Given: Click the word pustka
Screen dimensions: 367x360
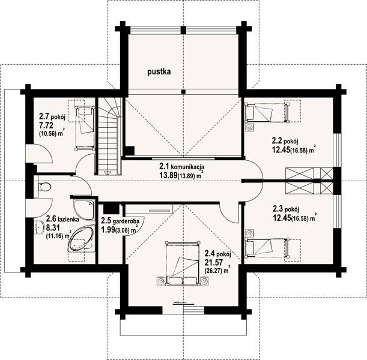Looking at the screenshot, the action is tap(159, 72).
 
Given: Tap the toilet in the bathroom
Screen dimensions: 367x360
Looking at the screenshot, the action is tap(43, 187).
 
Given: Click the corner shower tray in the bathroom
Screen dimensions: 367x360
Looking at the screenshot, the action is tap(84, 209).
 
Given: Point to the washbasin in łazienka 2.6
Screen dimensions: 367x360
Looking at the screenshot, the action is tap(39, 227).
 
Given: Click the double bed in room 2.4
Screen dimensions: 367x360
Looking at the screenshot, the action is tap(183, 263).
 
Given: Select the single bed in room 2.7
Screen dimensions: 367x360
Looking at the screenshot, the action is tap(85, 128).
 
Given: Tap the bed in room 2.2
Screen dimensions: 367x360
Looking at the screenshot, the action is tap(267, 113).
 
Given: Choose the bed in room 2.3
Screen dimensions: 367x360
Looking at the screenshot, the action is tap(267, 248).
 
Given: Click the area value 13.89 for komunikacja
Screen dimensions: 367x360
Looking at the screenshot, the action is tap(168, 175).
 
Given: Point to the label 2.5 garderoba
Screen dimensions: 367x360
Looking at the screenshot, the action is tap(120, 220).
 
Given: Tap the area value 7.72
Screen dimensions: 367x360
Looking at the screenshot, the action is tap(46, 125).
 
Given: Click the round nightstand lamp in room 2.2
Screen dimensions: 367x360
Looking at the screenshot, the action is tap(250, 128).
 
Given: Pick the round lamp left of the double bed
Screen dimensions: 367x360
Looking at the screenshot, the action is tap(160, 281).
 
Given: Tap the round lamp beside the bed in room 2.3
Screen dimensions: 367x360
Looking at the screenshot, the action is tap(249, 233).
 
